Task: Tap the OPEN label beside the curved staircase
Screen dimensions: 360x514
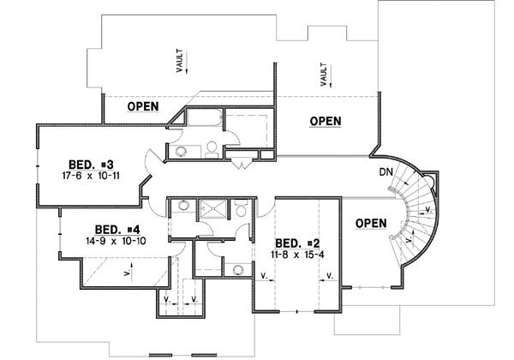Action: click(x=371, y=224)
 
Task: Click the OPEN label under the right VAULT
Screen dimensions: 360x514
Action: click(x=326, y=121)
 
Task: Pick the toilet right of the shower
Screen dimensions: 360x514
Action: click(x=241, y=211)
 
